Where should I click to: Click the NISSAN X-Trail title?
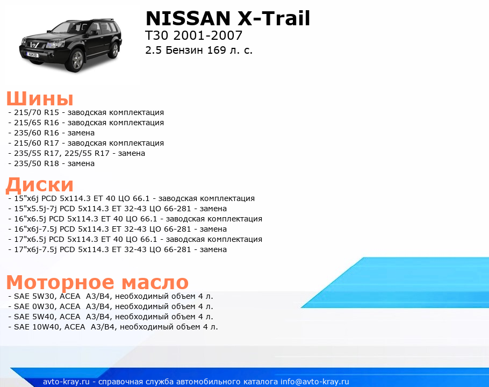228,18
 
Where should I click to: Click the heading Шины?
40,98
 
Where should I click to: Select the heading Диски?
40,184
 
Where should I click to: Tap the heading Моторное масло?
97,283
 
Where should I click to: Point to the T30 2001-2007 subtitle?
193,35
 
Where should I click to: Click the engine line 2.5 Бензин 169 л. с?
199,50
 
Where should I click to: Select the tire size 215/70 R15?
37,112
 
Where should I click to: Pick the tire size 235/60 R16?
37,133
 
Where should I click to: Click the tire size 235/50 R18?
37,163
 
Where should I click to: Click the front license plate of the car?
32,55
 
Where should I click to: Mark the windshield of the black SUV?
67,27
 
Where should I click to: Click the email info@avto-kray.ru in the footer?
315,382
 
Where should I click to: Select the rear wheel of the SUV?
115,49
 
